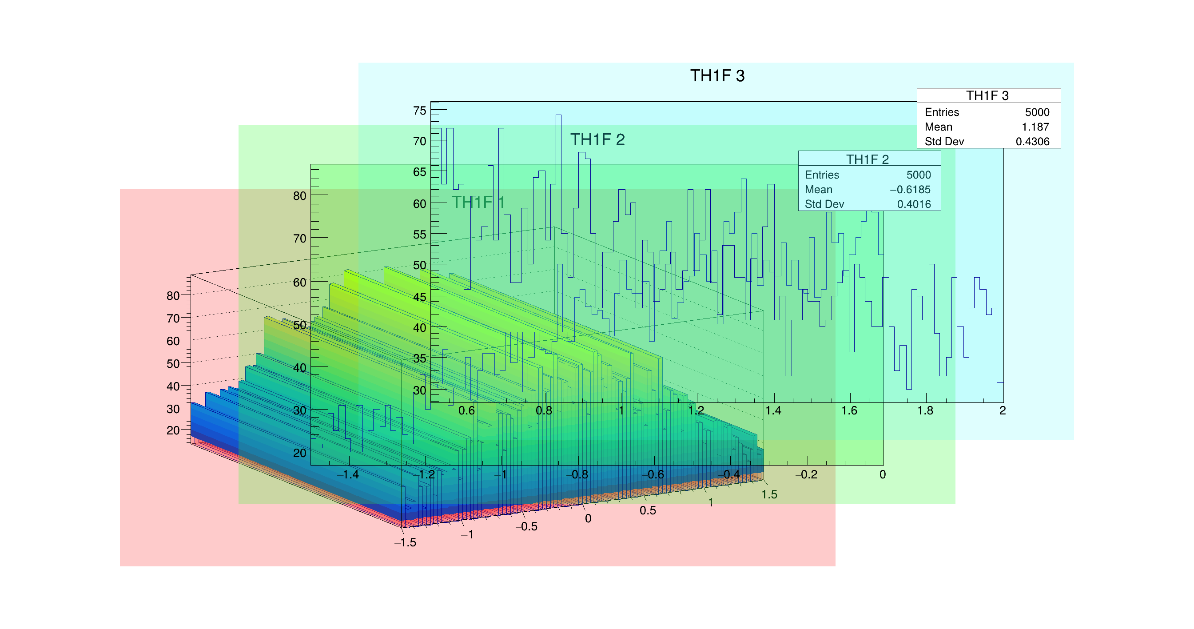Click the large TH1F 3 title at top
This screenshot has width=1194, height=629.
pos(717,76)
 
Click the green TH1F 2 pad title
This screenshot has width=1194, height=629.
pos(597,139)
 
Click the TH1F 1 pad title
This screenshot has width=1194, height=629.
pos(478,202)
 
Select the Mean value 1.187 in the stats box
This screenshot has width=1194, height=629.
pos(1035,127)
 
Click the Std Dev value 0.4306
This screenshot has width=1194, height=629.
pos(1032,142)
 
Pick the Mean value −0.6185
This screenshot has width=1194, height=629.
pos(910,190)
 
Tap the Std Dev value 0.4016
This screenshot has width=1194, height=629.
pos(914,204)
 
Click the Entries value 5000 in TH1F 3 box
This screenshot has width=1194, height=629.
pos(1037,112)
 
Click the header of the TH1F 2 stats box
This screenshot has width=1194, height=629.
pos(867,159)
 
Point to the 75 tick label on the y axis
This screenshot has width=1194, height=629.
pos(419,111)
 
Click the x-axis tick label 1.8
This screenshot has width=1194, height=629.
pos(925,411)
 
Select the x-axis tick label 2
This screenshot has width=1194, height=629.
pos(1003,411)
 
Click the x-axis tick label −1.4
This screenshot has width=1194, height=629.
pos(348,475)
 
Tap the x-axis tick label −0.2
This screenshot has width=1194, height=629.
pos(806,475)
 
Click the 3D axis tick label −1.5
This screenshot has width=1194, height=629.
pos(405,543)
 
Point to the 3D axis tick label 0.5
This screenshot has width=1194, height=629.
pos(648,511)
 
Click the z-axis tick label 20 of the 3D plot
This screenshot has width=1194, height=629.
pos(173,430)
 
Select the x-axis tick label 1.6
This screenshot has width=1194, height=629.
pos(849,411)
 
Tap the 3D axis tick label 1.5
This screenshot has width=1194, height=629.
pos(769,494)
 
